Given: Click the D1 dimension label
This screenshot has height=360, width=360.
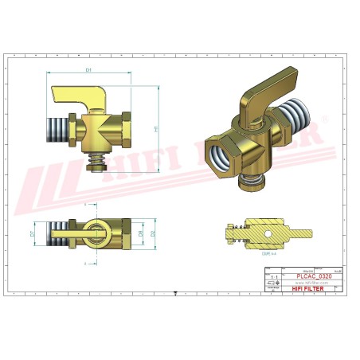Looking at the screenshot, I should pos(88,71).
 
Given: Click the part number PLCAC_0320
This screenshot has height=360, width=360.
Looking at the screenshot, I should pos(314,276).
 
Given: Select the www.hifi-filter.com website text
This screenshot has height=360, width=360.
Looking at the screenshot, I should pos(312,283).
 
